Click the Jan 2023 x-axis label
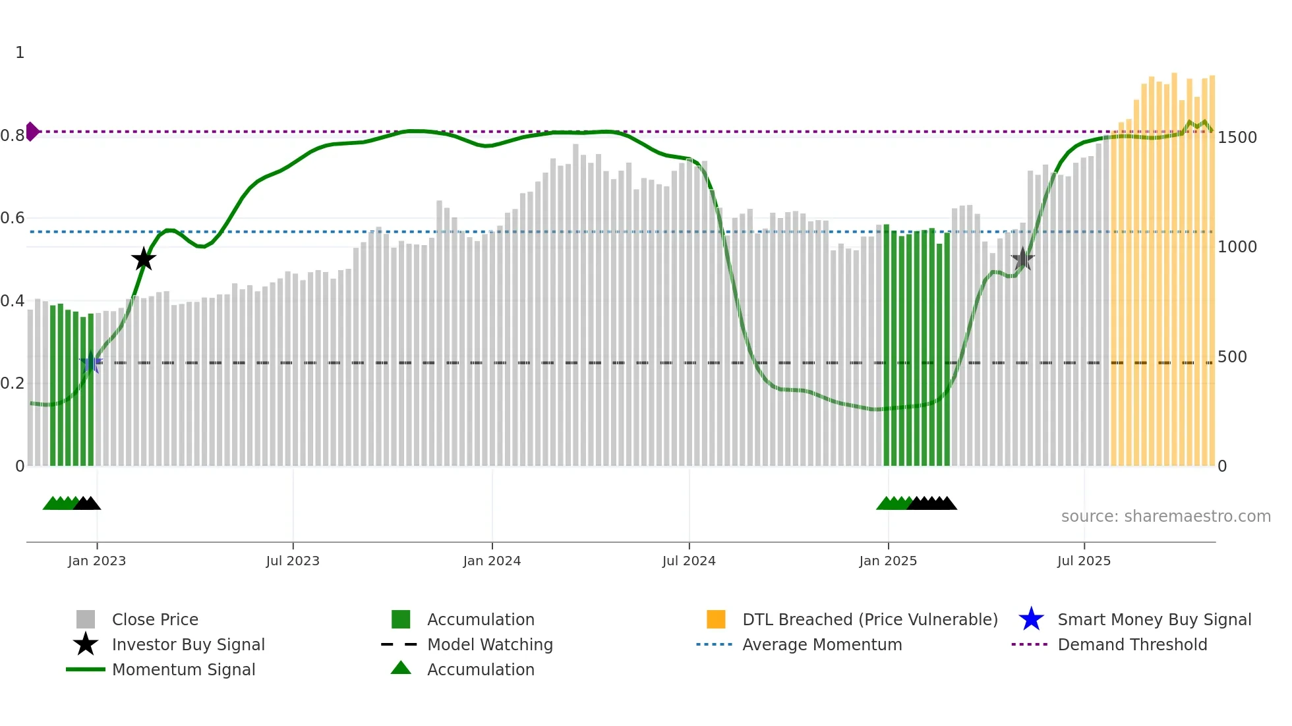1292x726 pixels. [97, 561]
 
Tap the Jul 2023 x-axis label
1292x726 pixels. [293, 561]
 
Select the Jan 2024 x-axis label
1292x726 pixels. [492, 561]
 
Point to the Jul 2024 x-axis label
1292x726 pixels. [689, 561]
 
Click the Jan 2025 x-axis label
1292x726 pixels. [888, 561]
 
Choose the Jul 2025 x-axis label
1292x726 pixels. [1084, 561]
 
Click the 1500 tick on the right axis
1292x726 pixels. [1237, 138]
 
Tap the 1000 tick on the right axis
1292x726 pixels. [1237, 247]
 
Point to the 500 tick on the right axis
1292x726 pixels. [1232, 357]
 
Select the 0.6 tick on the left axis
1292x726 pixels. [13, 218]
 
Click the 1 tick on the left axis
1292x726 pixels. [20, 53]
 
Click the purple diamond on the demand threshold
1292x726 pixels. [32, 132]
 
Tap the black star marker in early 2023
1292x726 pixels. [144, 259]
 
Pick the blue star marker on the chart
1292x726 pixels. [91, 362]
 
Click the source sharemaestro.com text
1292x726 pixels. [1165, 517]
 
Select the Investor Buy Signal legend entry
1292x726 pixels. [188, 644]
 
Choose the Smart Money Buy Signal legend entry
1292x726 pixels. [1154, 619]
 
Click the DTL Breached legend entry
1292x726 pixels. [869, 619]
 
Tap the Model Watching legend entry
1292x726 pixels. [489, 644]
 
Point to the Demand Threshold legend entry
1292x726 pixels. [1132, 644]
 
